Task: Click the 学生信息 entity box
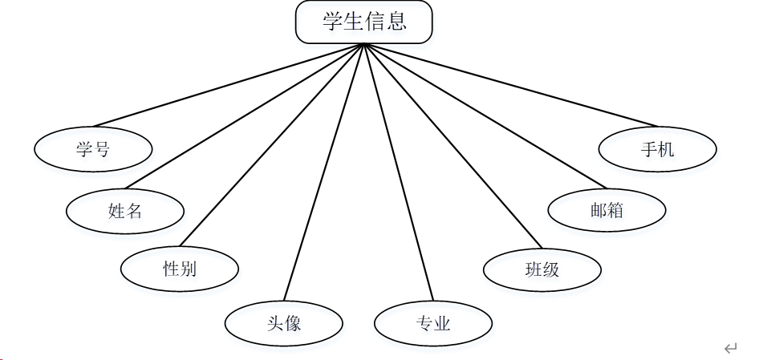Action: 363,22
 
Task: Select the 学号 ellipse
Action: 93,149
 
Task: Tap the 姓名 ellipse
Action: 125,211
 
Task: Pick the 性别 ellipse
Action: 180,269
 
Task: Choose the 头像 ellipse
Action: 283,323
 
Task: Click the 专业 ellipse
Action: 433,324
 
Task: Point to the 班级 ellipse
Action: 542,269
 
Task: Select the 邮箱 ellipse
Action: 607,211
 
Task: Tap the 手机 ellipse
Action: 657,149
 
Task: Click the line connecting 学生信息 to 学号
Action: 229,84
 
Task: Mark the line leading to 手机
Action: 510,84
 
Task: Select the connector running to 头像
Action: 324,172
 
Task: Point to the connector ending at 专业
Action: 399,172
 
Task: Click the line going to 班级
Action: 453,146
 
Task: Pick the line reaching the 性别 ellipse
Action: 273,144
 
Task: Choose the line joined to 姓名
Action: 245,116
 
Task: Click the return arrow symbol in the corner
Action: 730,348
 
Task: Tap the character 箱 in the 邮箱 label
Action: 615,211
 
